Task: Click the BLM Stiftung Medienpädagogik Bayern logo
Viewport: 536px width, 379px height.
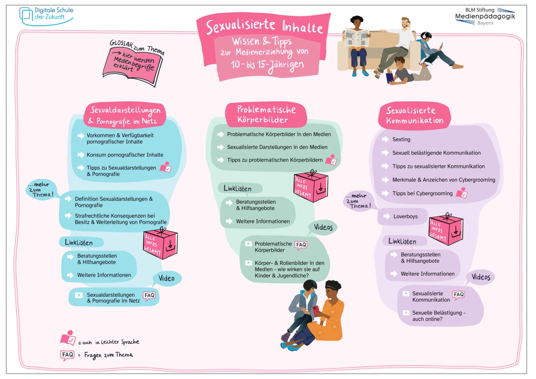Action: pyautogui.click(x=485, y=16)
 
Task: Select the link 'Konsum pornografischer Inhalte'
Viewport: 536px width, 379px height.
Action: pyautogui.click(x=125, y=155)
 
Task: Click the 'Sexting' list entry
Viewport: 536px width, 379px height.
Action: pyautogui.click(x=401, y=139)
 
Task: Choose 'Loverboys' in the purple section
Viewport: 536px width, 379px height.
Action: pyautogui.click(x=405, y=216)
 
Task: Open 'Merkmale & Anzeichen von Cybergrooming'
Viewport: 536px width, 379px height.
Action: pyautogui.click(x=444, y=180)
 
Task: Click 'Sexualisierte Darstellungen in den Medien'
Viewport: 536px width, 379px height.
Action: pyautogui.click(x=277, y=147)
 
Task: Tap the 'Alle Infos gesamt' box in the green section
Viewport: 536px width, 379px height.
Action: pyautogui.click(x=311, y=187)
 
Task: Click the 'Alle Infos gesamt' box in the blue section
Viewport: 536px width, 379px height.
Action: pyautogui.click(x=160, y=244)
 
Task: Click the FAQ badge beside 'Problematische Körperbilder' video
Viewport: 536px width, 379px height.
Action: pyautogui.click(x=301, y=245)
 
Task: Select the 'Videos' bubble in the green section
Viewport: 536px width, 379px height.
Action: pyautogui.click(x=323, y=227)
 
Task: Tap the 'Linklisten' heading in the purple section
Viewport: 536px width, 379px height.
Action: pyautogui.click(x=402, y=241)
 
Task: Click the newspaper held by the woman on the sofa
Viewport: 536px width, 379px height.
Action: pyautogui.click(x=357, y=38)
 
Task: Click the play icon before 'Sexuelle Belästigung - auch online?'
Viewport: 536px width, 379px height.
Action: pyautogui.click(x=406, y=313)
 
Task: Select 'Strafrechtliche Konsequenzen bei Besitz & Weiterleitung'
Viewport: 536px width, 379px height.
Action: pyautogui.click(x=121, y=219)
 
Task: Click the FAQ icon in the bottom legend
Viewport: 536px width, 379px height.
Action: pyautogui.click(x=67, y=355)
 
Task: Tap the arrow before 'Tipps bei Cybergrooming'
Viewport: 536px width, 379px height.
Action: pyautogui.click(x=385, y=194)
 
